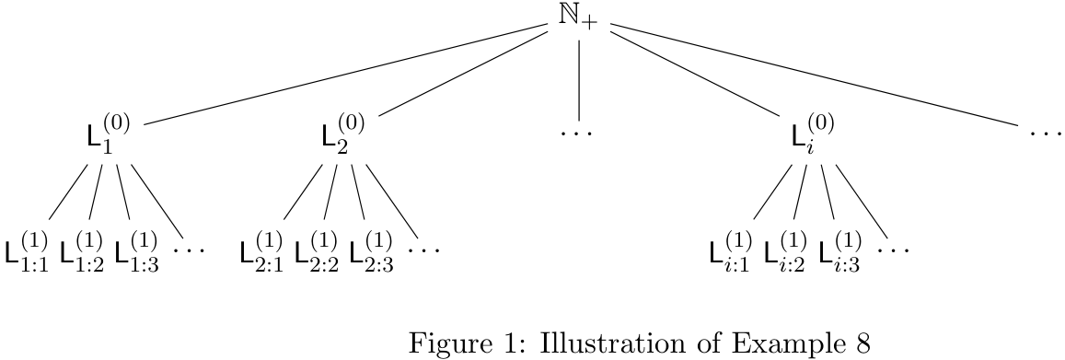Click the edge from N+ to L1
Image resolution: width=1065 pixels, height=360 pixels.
point(345,74)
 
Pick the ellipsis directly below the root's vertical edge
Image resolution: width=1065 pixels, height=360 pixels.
point(577,133)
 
